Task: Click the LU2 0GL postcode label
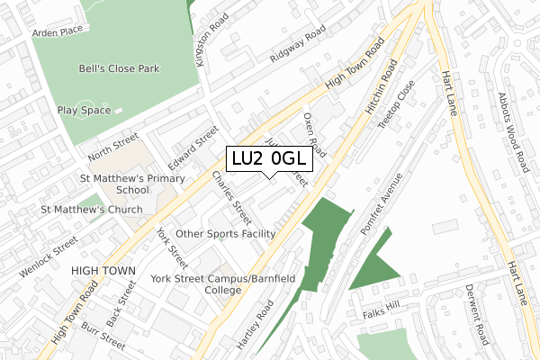[269, 158]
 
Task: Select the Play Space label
[84, 111]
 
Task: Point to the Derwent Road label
[475, 314]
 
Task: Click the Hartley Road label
[258, 325]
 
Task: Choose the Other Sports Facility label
[225, 233]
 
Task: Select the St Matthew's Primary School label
[132, 184]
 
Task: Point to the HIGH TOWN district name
[103, 270]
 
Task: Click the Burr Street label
[101, 336]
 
